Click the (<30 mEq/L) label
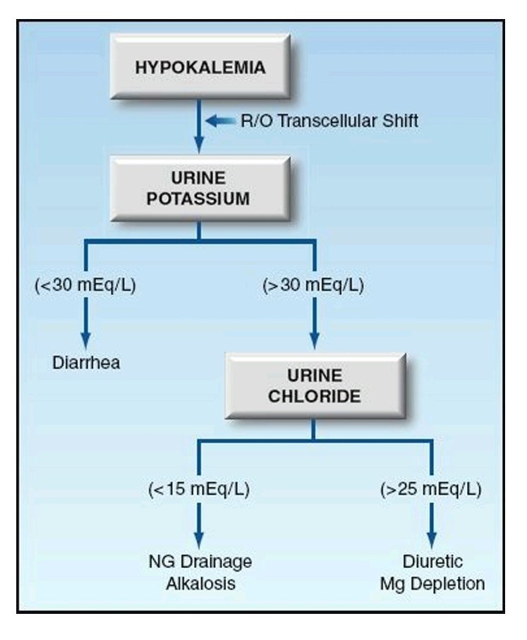(x=85, y=287)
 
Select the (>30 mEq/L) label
(x=313, y=287)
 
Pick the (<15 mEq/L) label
(x=199, y=488)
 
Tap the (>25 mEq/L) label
(x=432, y=488)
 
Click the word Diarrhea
(x=86, y=363)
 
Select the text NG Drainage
(x=200, y=562)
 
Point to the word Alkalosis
(x=200, y=584)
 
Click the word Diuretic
(x=432, y=562)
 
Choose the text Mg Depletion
(x=432, y=584)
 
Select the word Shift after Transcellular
(x=397, y=121)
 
